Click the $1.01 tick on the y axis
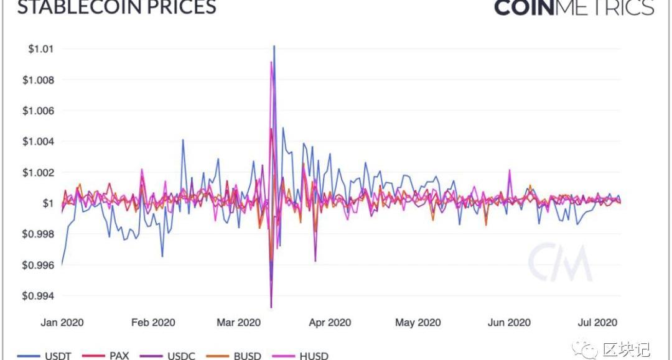coord(40,49)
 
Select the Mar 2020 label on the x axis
coord(239,323)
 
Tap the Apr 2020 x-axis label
coord(330,323)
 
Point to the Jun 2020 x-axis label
coord(509,323)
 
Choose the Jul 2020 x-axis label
coord(597,323)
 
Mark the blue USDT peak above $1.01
coord(274,46)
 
